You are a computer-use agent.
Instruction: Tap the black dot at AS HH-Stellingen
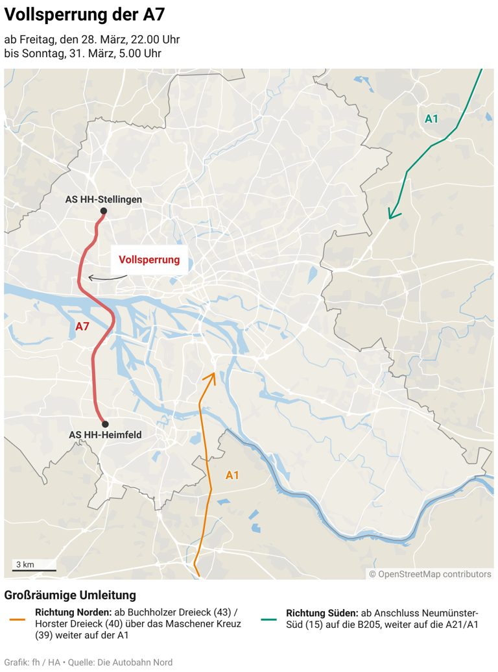tap(103, 211)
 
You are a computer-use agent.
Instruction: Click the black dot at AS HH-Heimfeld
tap(105, 423)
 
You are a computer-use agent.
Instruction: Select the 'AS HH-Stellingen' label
tap(103, 199)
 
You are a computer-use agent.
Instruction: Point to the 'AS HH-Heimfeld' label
tap(105, 435)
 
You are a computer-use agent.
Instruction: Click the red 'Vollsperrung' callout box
tap(149, 260)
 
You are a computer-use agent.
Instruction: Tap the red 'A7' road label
tap(82, 327)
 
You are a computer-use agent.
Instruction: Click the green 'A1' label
tap(431, 119)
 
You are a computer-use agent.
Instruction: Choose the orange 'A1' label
tap(232, 475)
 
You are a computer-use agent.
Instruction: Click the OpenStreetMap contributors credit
tap(430, 574)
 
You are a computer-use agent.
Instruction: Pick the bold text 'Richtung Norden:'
tap(73, 613)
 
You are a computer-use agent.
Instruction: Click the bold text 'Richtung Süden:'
tap(322, 613)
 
